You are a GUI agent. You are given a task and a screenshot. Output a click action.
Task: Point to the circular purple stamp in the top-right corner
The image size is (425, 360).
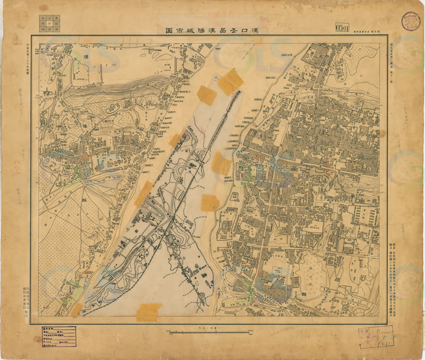[411, 21]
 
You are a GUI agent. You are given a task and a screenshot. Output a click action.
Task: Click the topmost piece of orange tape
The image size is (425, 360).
[231, 81]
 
